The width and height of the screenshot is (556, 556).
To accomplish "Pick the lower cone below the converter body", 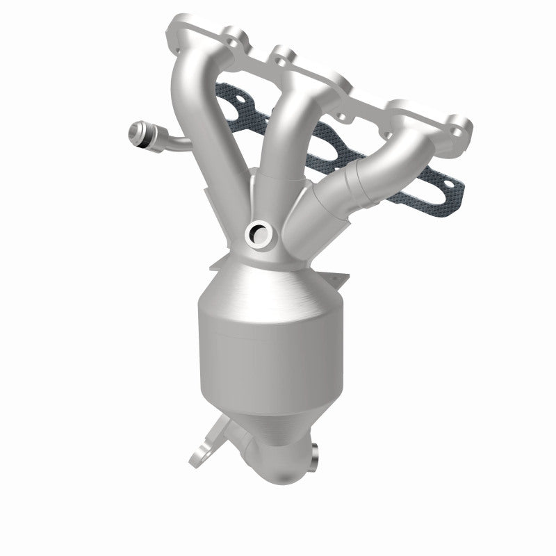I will coord(268,424).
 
